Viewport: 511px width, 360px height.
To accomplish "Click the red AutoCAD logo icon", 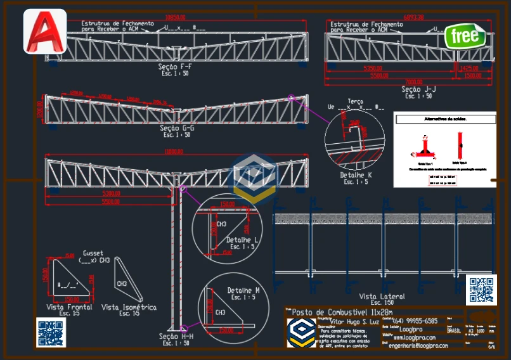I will tap(44, 31).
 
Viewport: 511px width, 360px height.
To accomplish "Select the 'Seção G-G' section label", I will tap(177, 128).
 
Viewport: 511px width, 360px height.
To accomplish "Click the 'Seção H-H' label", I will tap(176, 337).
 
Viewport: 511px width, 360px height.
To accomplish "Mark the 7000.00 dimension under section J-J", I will tap(413, 82).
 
